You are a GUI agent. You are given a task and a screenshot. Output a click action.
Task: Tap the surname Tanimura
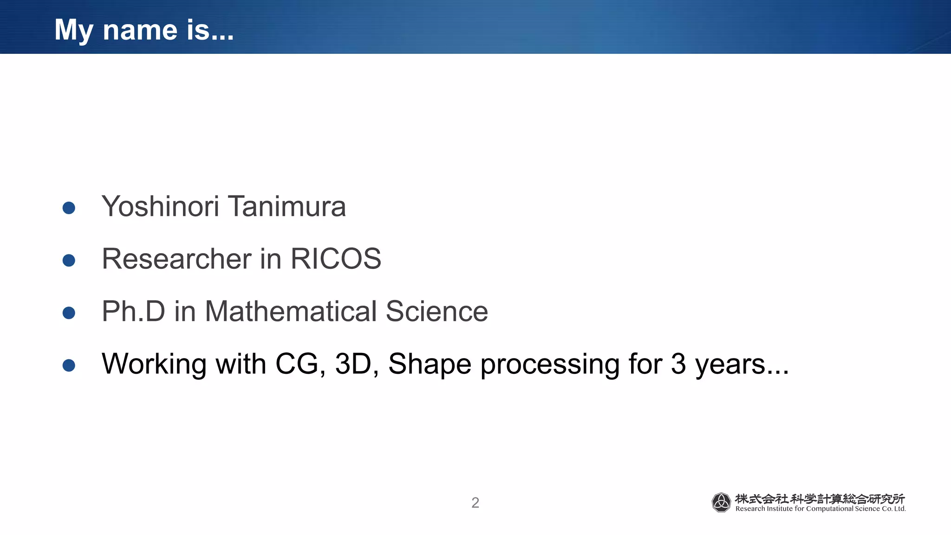tap(287, 207)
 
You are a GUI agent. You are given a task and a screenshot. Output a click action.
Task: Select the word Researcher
tap(176, 259)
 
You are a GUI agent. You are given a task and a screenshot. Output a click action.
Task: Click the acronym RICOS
tap(335, 259)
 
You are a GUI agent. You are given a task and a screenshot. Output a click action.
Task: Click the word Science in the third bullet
tap(436, 312)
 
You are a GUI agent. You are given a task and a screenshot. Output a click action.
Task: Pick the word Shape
tap(430, 364)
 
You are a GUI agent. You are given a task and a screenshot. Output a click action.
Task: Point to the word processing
tap(550, 364)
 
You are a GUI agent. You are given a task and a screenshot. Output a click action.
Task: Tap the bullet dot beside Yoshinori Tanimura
tap(69, 208)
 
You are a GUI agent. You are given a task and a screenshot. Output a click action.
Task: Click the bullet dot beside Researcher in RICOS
tap(69, 260)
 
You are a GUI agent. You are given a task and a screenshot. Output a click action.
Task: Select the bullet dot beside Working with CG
tap(69, 365)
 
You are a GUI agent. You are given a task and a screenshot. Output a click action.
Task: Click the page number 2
tap(475, 502)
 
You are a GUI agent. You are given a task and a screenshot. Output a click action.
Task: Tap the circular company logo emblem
tap(721, 502)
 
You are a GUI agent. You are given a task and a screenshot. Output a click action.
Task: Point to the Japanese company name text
tap(820, 499)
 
